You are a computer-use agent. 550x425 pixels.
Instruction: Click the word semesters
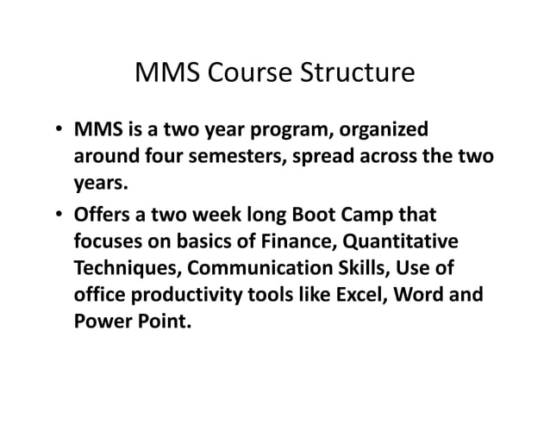tap(253, 158)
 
